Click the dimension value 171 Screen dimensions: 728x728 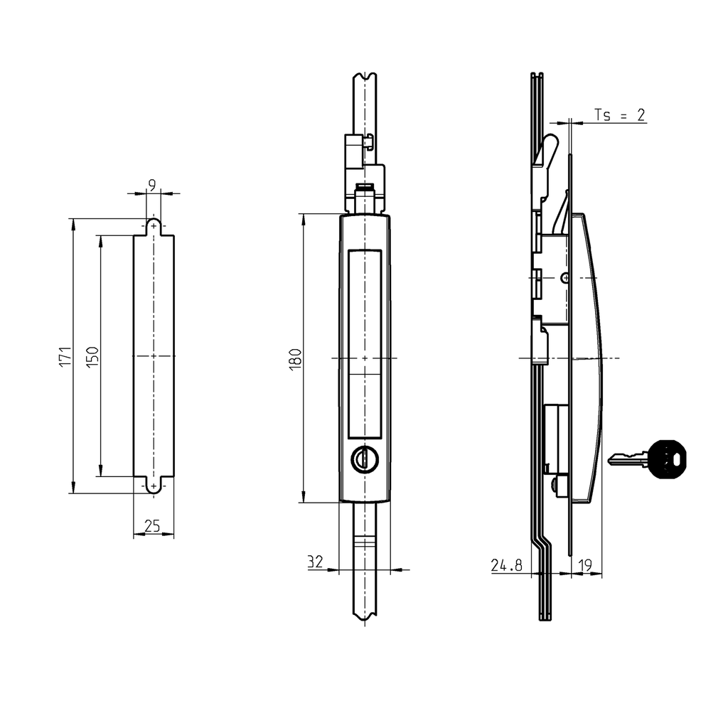[x=65, y=356]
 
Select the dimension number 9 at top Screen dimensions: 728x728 [x=152, y=185]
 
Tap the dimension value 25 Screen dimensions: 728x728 [x=152, y=526]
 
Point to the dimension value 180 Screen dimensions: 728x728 [x=296, y=357]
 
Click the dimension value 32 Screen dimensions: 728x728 [x=315, y=562]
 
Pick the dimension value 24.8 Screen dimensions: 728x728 [x=506, y=565]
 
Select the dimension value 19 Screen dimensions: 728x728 [x=586, y=565]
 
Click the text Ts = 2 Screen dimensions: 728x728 [x=619, y=115]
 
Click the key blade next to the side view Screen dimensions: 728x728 [x=626, y=460]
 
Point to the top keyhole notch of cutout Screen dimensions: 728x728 [x=154, y=227]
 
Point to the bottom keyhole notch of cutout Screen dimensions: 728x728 [x=154, y=485]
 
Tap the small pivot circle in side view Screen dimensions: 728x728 [x=564, y=277]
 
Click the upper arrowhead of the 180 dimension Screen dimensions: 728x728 [x=304, y=218]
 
